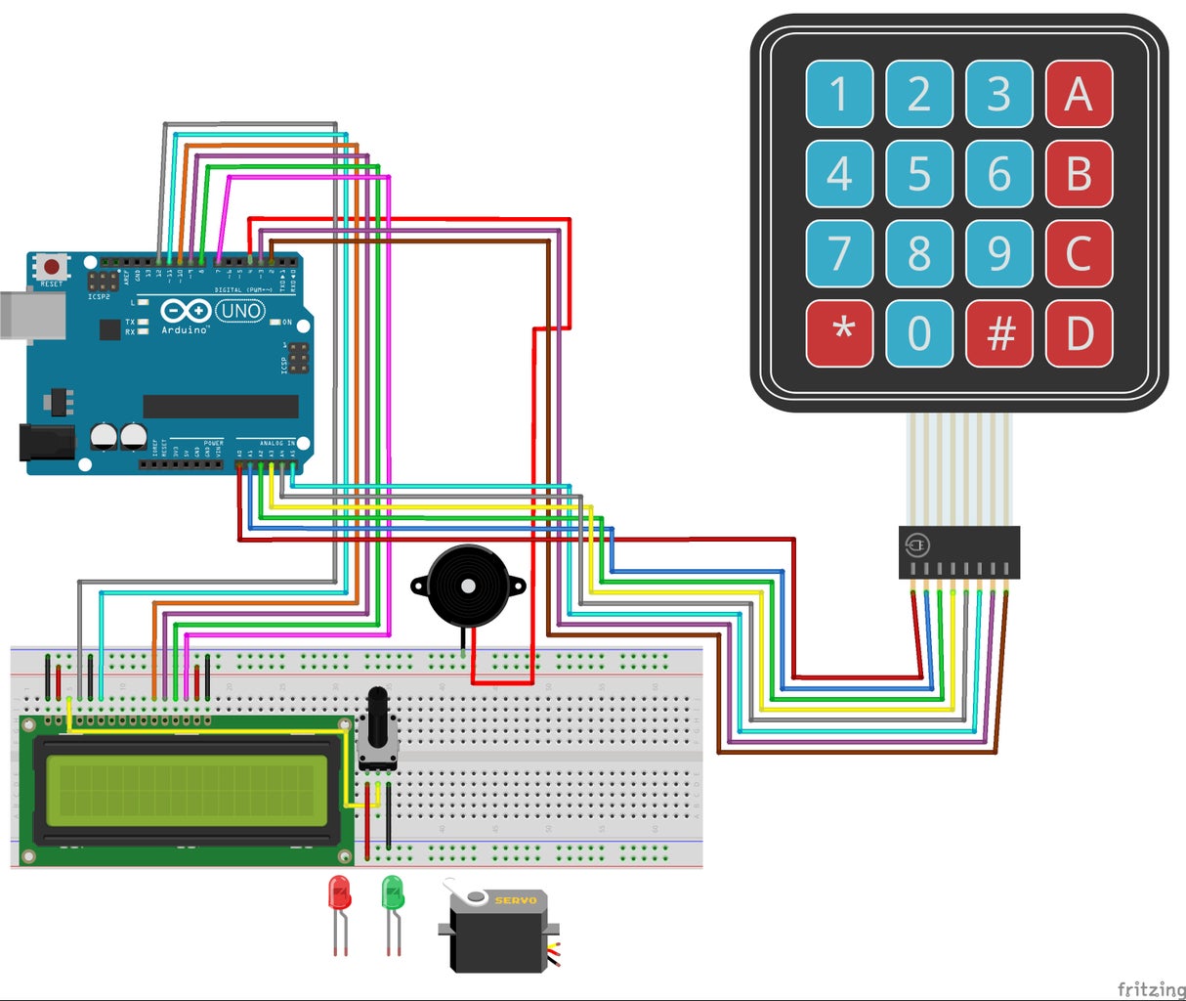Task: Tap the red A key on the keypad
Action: point(1079,94)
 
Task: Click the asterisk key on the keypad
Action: point(839,333)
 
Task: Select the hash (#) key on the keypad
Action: point(998,333)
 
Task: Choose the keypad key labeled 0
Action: point(919,333)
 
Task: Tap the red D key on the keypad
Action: point(1079,333)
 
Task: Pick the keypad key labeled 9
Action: point(998,253)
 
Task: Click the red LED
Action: point(339,892)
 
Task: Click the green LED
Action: point(393,892)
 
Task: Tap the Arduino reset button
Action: point(51,266)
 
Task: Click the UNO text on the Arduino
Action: point(240,311)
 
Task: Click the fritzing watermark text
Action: point(1149,989)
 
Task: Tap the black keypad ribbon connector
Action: point(958,552)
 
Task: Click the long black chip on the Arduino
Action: point(221,406)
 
